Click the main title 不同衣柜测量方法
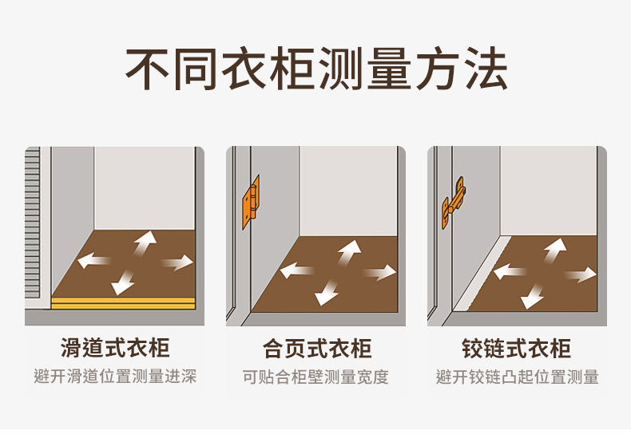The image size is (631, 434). [316, 69]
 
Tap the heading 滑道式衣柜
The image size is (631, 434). [115, 348]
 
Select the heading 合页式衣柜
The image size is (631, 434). [317, 349]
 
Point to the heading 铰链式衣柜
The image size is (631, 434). [517, 349]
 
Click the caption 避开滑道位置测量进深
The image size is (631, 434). [115, 377]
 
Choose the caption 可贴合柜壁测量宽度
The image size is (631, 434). [315, 377]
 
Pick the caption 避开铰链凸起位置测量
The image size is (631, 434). [518, 377]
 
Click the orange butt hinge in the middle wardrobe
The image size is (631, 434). [250, 202]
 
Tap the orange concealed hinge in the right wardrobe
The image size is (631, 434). [454, 203]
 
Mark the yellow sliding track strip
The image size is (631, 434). [123, 303]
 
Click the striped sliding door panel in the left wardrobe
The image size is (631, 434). [33, 223]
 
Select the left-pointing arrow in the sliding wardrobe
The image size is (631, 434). [93, 260]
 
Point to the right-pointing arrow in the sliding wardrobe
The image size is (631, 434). [178, 262]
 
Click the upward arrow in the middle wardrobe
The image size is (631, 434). [348, 252]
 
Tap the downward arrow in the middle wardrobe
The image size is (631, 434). [326, 293]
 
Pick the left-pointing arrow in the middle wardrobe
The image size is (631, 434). [296, 270]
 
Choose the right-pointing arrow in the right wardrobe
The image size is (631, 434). [581, 274]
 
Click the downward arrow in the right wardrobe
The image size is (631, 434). [532, 297]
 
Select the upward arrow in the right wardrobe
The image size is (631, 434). [554, 250]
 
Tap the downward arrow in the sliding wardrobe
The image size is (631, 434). [123, 282]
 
